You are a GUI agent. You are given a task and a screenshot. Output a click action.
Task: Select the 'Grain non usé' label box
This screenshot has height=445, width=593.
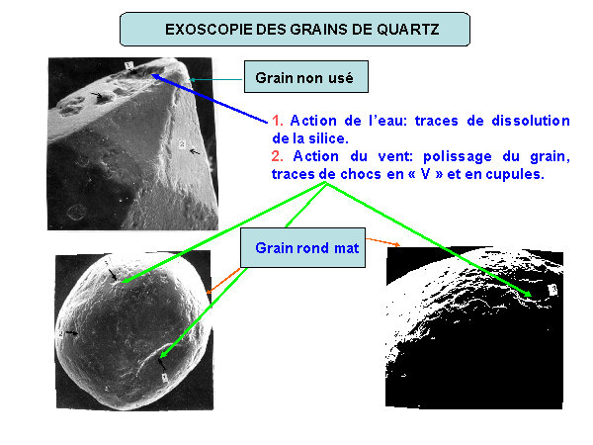[306, 76]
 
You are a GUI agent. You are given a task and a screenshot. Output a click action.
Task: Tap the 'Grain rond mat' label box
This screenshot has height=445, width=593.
[303, 248]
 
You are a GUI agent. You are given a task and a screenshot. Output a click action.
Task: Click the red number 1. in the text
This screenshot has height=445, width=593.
[278, 121]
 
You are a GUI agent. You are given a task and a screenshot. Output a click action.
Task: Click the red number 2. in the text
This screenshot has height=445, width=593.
[278, 156]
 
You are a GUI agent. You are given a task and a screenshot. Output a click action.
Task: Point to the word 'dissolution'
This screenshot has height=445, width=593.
[531, 121]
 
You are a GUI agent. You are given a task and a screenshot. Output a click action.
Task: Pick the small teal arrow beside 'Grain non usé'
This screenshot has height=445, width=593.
[215, 79]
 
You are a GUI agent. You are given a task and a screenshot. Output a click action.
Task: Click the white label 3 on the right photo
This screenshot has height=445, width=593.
[552, 290]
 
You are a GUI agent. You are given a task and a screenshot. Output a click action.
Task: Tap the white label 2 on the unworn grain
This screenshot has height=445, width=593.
[182, 143]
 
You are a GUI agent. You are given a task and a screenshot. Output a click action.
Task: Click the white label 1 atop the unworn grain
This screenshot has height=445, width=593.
[128, 66]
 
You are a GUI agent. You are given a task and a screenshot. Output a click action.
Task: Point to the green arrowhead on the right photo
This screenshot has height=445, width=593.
[527, 294]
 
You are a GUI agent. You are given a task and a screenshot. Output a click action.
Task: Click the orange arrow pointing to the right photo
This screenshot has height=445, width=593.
[382, 242]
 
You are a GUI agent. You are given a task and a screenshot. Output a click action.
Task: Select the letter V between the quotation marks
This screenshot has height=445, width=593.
[425, 174]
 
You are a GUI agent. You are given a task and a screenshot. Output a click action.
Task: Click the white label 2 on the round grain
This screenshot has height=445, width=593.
[61, 334]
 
